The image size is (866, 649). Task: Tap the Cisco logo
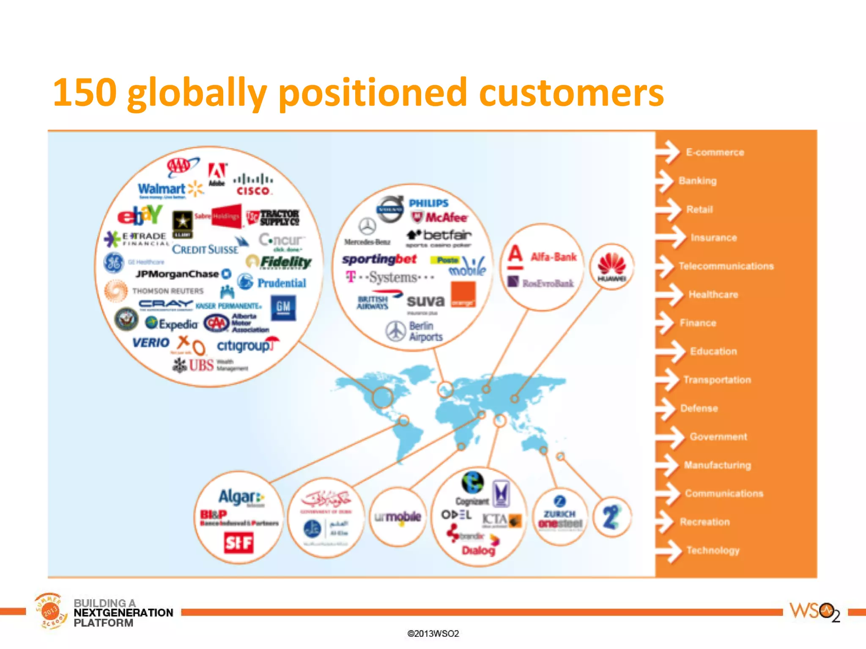coord(253,185)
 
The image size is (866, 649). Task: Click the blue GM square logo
coord(283,308)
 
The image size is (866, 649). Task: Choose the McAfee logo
coord(440,218)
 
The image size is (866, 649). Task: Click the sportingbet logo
coord(379,259)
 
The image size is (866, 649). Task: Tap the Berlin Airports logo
coord(414,331)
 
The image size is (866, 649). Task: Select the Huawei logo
coord(611,267)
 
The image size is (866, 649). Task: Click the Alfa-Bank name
coord(554,256)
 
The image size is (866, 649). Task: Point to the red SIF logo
coord(238,543)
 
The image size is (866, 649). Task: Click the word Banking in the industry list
coord(697,181)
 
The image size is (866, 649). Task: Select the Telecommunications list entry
coord(726,266)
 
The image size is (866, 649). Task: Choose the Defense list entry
coord(699,408)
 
